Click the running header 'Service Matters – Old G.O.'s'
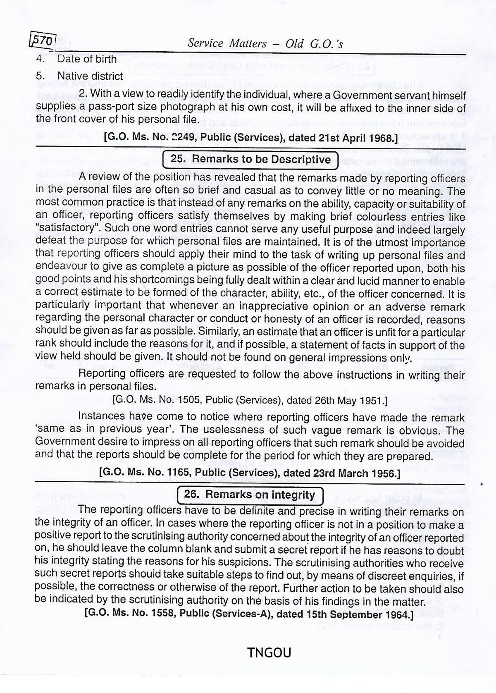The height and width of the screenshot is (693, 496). [x=265, y=43]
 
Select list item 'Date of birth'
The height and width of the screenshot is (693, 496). [x=87, y=59]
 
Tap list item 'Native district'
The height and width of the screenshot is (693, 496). [x=90, y=76]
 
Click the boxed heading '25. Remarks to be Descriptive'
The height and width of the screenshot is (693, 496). [x=250, y=159]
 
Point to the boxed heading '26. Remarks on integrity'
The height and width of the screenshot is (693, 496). [x=249, y=494]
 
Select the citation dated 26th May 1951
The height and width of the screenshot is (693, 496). [x=250, y=400]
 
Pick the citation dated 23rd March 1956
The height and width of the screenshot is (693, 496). [x=250, y=473]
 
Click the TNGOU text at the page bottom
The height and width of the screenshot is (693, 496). [x=269, y=652]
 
